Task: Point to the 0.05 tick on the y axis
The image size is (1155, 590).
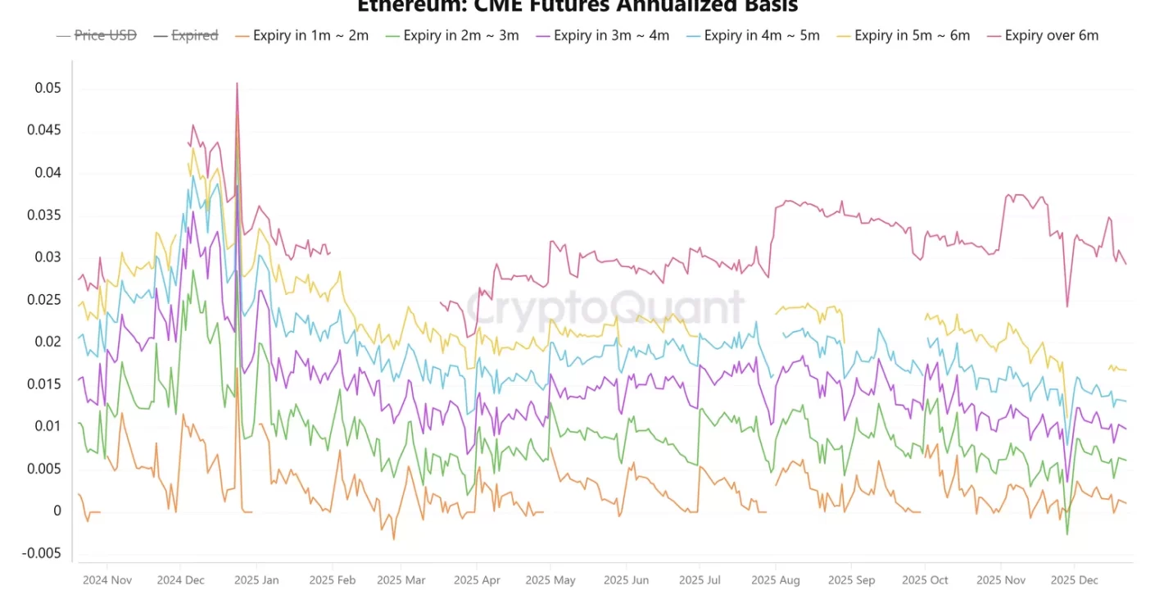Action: (48, 88)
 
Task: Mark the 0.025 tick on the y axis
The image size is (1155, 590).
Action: (44, 300)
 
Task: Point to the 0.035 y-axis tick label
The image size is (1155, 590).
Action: (44, 216)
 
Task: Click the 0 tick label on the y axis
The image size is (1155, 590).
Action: (57, 511)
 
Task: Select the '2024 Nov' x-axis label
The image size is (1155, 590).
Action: (106, 580)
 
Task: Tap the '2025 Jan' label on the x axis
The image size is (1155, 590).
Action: (257, 580)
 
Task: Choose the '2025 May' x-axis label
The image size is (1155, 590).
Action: (551, 580)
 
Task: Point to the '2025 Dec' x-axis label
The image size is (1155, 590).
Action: (1074, 580)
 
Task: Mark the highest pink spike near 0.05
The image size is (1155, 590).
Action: (237, 84)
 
